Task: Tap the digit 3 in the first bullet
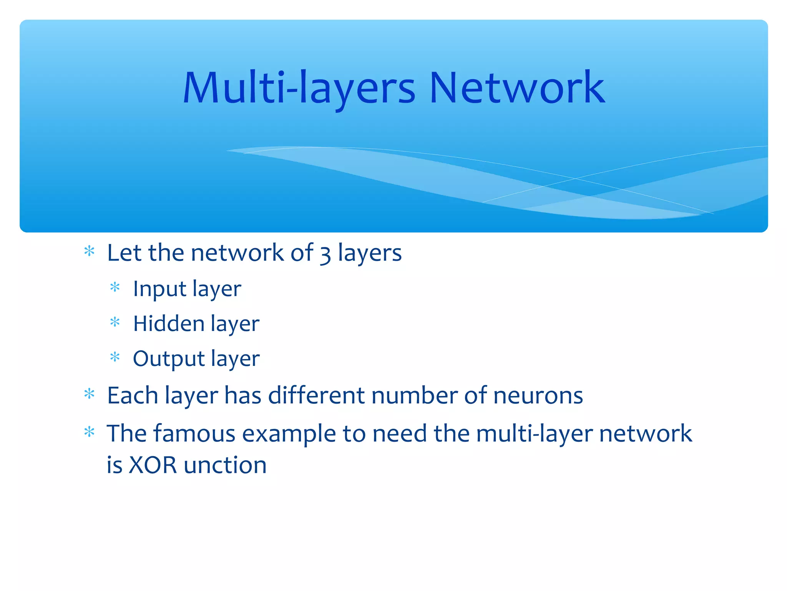point(325,254)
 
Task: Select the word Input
point(159,289)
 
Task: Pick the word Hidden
point(169,324)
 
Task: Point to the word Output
point(169,359)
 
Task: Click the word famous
point(194,434)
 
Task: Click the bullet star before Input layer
point(115,287)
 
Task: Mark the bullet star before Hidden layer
point(115,322)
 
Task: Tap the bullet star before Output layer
point(115,357)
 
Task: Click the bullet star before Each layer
point(89,394)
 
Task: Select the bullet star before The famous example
point(89,432)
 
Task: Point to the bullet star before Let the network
point(89,251)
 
